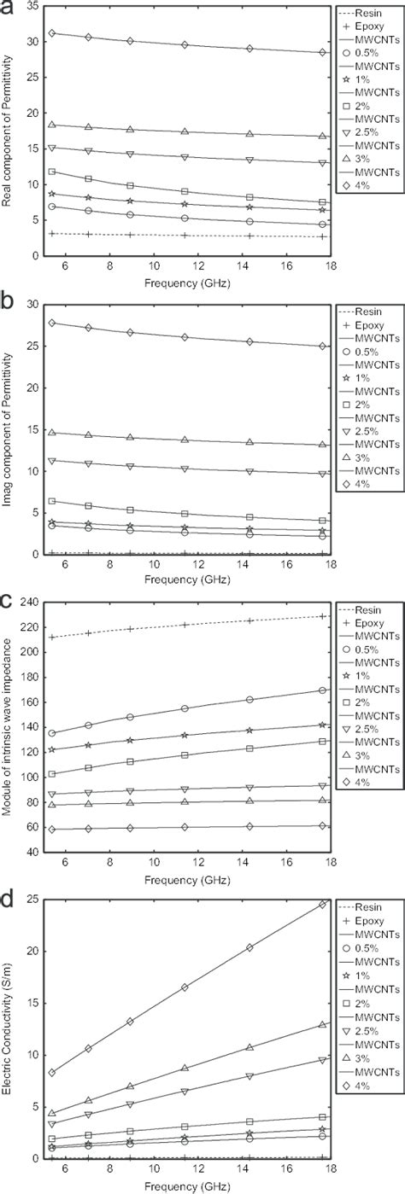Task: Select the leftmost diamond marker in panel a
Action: click(53, 33)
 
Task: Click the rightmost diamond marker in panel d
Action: click(322, 905)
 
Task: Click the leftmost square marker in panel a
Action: click(53, 172)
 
